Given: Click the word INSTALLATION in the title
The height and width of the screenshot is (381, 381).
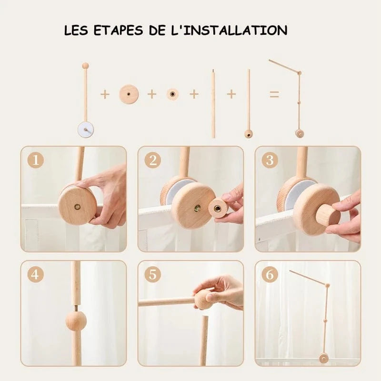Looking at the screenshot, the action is pyautogui.click(x=232, y=30).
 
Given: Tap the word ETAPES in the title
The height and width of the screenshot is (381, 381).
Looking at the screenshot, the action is pyautogui.click(x=118, y=30).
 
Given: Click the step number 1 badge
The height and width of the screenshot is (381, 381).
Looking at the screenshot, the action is pyautogui.click(x=36, y=160).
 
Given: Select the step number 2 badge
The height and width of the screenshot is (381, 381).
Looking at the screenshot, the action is pyautogui.click(x=153, y=160).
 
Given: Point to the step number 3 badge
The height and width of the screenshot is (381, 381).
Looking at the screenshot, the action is pyautogui.click(x=270, y=160).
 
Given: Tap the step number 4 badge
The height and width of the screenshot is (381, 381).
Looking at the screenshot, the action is pyautogui.click(x=36, y=275).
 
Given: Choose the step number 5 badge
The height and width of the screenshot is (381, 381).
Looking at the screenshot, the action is pyautogui.click(x=153, y=275).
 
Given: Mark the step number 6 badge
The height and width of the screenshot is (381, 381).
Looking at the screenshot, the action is pyautogui.click(x=270, y=275).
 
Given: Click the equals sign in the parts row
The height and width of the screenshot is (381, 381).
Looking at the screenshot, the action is pyautogui.click(x=274, y=94).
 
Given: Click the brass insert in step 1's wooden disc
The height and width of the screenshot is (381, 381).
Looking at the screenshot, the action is pyautogui.click(x=78, y=207).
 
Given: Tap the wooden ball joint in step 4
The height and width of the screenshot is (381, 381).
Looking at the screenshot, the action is pyautogui.click(x=76, y=321).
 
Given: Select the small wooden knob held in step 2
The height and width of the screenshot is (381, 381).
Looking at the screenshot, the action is pyautogui.click(x=218, y=208).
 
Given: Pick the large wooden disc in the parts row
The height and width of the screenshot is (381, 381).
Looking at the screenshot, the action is pyautogui.click(x=129, y=94).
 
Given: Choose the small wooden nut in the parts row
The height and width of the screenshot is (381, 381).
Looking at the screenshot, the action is pyautogui.click(x=172, y=94).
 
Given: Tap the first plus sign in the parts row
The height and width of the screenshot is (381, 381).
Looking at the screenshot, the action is pyautogui.click(x=105, y=94).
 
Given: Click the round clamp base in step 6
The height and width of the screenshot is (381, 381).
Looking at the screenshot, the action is pyautogui.click(x=323, y=359).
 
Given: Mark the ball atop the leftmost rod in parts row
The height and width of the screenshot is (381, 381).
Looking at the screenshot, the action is pyautogui.click(x=85, y=65).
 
